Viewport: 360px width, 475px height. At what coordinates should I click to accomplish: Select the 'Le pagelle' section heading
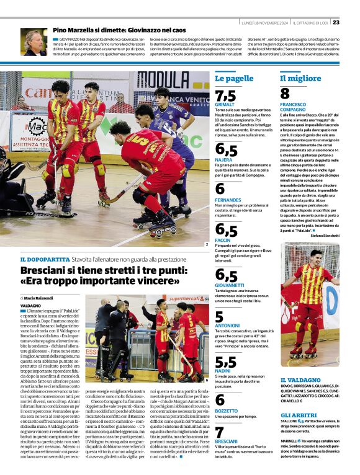(233, 79)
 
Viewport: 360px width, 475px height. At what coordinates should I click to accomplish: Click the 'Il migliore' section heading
(300, 79)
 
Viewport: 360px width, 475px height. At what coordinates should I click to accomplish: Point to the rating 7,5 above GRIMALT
(225, 95)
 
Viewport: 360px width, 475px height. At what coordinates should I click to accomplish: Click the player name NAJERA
(223, 159)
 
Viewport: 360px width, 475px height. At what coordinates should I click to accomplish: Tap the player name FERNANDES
(228, 200)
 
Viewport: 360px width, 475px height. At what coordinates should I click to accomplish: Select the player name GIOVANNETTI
(231, 285)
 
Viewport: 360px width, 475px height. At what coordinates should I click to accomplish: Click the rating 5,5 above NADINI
(225, 362)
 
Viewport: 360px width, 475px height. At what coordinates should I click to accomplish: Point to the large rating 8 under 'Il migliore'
(285, 94)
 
